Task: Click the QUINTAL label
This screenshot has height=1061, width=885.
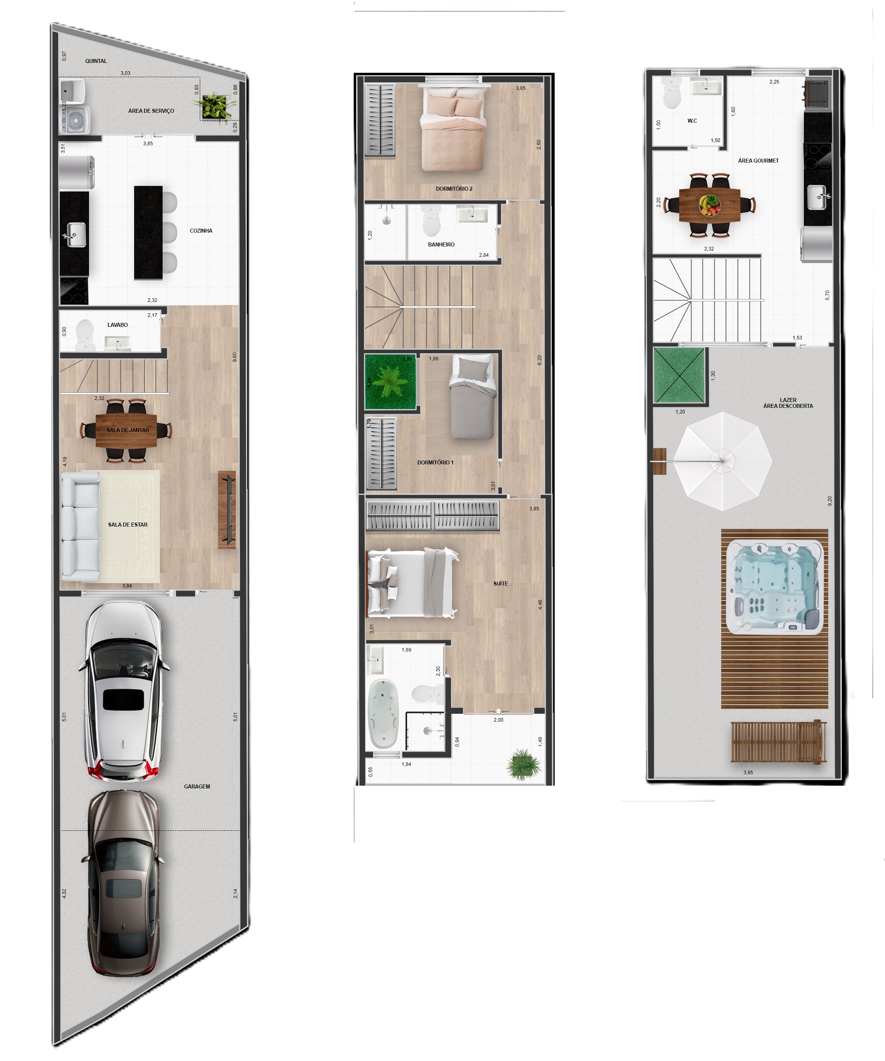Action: (96, 61)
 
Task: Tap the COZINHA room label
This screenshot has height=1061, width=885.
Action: (201, 231)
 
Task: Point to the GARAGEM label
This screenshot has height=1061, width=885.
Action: (197, 787)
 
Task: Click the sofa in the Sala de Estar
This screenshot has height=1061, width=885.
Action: (80, 525)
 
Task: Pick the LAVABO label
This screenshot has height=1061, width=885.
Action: (118, 325)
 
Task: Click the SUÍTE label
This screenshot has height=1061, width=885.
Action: (500, 584)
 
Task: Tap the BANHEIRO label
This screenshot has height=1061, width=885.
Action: (442, 244)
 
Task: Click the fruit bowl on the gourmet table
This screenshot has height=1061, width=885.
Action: (709, 205)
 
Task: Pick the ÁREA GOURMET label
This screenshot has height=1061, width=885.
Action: (758, 161)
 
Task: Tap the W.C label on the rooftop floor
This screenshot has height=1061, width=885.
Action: (692, 121)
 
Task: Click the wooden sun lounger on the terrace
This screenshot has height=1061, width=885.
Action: (778, 742)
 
